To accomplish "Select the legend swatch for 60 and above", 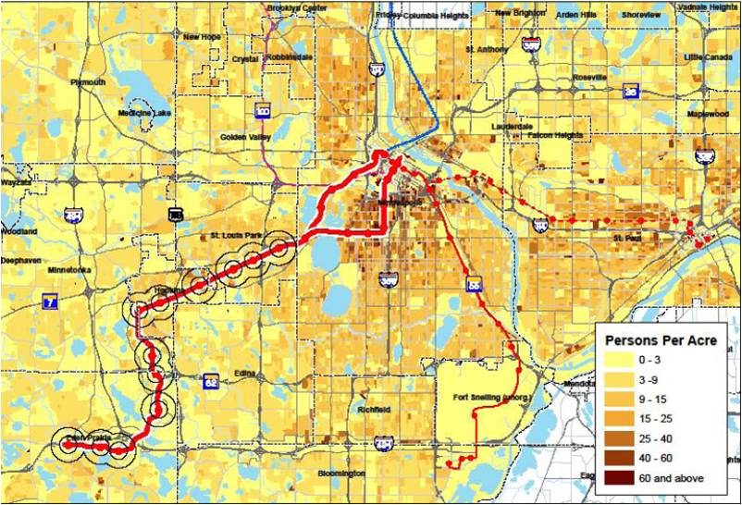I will pyautogui.click(x=617, y=478).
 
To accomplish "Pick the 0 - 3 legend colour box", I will pyautogui.click(x=617, y=359).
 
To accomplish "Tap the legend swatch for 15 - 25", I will pyautogui.click(x=617, y=418).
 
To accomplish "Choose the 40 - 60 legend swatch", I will pyautogui.click(x=617, y=458).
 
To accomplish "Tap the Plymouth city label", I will pyautogui.click(x=88, y=81).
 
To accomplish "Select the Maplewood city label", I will pyautogui.click(x=707, y=113).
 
